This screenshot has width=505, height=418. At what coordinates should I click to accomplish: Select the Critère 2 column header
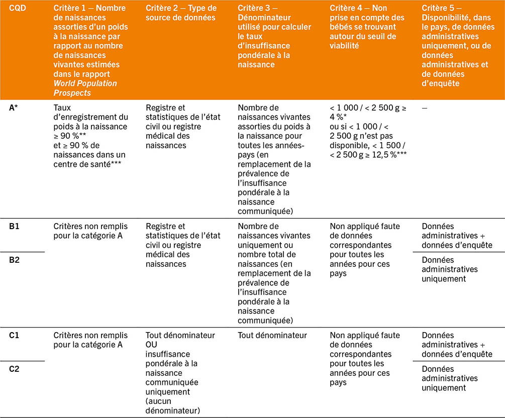coord(181,13)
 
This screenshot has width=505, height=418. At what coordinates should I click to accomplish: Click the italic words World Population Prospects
coord(85,87)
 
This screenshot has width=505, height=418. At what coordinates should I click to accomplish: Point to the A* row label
coord(16,108)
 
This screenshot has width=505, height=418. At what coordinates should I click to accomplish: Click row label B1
coord(15,227)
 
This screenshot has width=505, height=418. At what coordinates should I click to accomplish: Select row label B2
coord(15,260)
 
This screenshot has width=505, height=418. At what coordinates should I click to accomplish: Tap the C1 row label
coord(15,336)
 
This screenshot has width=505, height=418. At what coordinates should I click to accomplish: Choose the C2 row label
coord(15,369)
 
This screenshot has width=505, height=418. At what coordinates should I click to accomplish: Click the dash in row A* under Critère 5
coord(425,108)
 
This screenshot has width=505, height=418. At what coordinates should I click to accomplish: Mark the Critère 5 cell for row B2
coord(450,269)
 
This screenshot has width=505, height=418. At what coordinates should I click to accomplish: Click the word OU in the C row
coord(152,345)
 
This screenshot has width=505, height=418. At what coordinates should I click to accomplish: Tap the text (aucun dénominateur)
coord(172,406)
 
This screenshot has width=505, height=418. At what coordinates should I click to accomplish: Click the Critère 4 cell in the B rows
coord(362,250)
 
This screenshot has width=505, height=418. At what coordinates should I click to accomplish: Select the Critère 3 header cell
coord(274,36)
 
